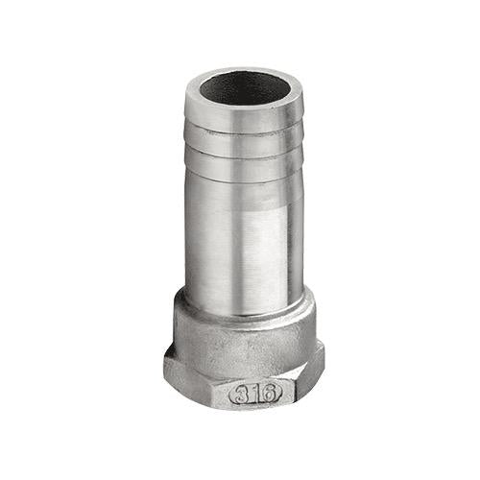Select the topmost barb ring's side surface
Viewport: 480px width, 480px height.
[244, 117]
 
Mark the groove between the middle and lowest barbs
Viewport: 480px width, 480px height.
[244, 155]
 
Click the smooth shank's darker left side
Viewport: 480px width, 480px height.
[200, 237]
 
